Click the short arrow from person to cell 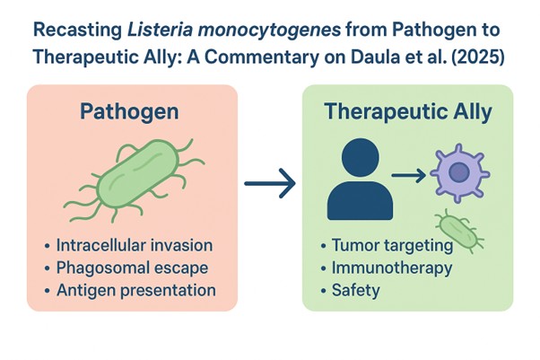(409, 173)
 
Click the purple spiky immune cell (462, 171)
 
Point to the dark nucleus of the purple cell (462, 172)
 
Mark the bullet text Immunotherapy (390, 268)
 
